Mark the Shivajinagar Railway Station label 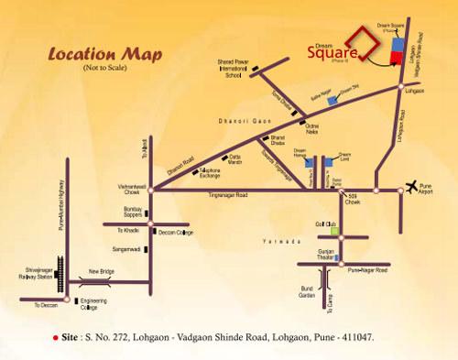[35, 266]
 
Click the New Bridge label [103, 272]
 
